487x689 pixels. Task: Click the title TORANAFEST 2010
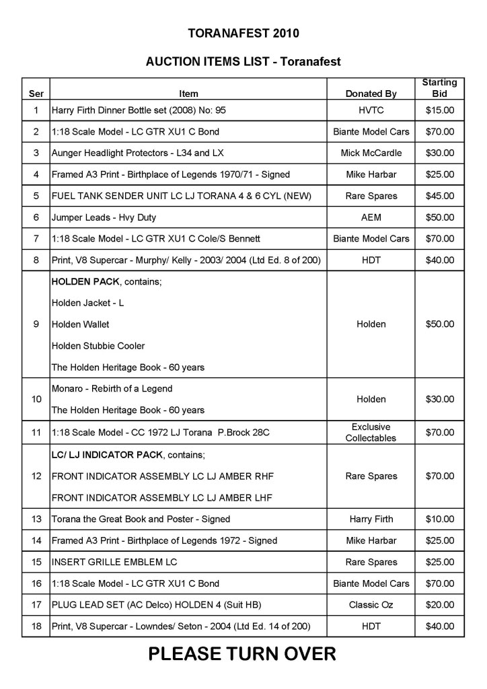243,32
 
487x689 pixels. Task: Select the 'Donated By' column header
371,94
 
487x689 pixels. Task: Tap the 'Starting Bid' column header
439,88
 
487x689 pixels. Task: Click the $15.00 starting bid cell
439,110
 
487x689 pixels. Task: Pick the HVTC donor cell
371,110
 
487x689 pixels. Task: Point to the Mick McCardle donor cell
371,153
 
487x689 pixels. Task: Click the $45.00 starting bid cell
439,196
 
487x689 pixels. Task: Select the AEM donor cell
371,217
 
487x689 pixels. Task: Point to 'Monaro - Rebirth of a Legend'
112,388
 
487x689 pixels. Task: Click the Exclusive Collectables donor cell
371,433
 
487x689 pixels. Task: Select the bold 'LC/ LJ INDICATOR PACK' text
107,454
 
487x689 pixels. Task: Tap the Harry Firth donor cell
371,519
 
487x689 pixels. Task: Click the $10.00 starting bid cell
439,519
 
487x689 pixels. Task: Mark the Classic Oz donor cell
371,605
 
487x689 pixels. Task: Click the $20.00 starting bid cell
439,605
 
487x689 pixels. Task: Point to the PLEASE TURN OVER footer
242,653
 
